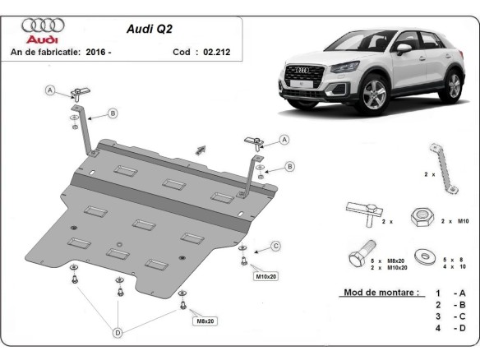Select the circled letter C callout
[276, 245]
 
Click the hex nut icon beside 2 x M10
[423, 216]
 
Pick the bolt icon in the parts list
[362, 256]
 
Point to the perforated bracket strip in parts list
[440, 168]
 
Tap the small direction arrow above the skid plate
[199, 149]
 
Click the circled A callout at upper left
[49, 90]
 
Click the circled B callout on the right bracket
[290, 167]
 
